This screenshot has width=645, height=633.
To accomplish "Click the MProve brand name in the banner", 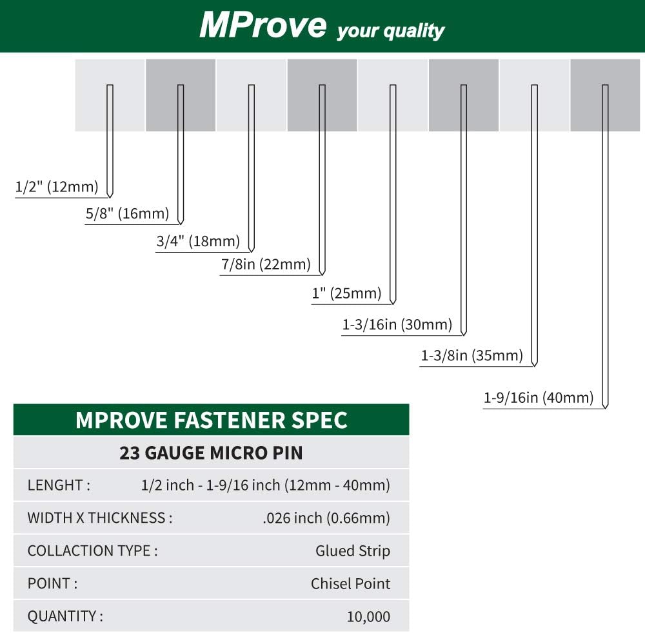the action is pyautogui.click(x=263, y=25).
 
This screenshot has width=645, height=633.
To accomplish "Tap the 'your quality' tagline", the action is pyautogui.click(x=391, y=31).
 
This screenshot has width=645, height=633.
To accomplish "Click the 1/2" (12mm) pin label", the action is pyautogui.click(x=57, y=186).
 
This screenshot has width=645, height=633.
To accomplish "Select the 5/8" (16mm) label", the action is pyautogui.click(x=128, y=213).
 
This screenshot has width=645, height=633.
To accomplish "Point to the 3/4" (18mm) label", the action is pyautogui.click(x=198, y=241).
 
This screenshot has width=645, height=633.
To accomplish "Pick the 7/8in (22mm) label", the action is pyautogui.click(x=266, y=264).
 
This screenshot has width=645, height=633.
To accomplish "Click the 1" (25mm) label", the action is pyautogui.click(x=346, y=293).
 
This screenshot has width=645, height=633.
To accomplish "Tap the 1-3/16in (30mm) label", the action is pyautogui.click(x=397, y=324).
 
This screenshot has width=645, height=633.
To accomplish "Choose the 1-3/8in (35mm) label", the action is pyautogui.click(x=472, y=355).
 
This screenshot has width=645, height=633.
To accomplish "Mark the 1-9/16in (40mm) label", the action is pyautogui.click(x=539, y=398).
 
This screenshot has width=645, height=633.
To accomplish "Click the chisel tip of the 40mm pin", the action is pyautogui.click(x=605, y=408).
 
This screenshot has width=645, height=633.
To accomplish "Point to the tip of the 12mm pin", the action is pyautogui.click(x=110, y=197).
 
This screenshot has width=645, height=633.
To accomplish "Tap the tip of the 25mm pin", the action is pyautogui.click(x=393, y=304).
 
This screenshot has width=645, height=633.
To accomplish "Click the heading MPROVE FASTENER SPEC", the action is pyautogui.click(x=212, y=420).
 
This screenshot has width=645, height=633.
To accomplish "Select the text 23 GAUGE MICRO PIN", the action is pyautogui.click(x=211, y=453).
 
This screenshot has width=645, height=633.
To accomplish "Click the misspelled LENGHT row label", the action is pyautogui.click(x=59, y=485).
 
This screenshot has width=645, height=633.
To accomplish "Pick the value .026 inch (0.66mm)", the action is pyautogui.click(x=326, y=518).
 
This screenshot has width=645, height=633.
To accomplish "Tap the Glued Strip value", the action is pyautogui.click(x=353, y=550).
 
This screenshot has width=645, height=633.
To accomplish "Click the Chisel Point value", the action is pyautogui.click(x=350, y=583).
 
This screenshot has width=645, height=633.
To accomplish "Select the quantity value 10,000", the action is pyautogui.click(x=368, y=616).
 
